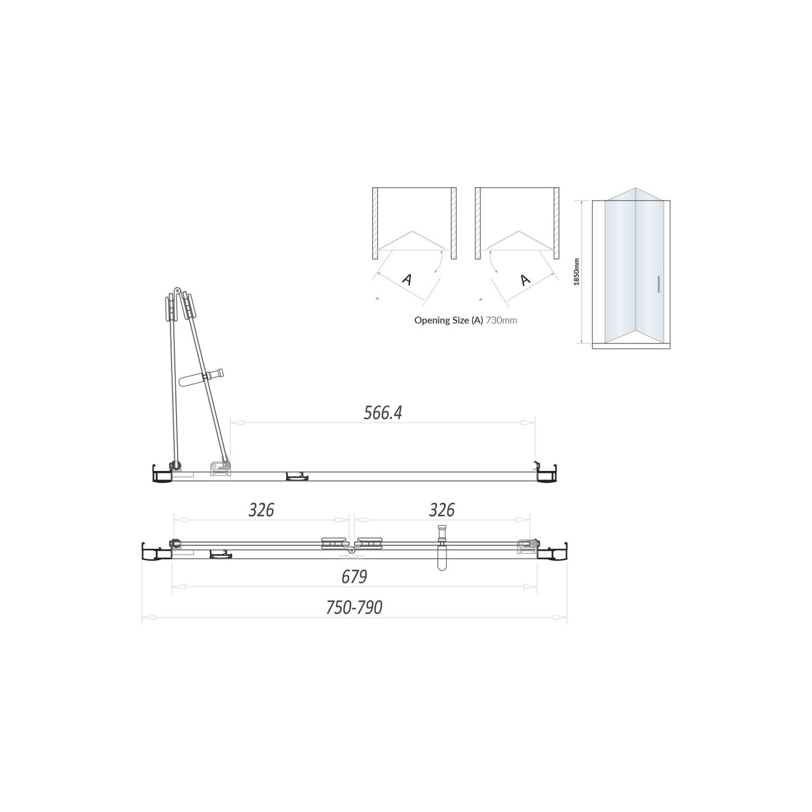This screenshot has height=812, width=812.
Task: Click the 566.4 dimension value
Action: pos(383,413)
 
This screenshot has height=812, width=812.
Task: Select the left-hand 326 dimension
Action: pos(261,510)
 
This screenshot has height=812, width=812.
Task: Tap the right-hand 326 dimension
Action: pos(441,510)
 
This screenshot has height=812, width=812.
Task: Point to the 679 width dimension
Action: pos(354,577)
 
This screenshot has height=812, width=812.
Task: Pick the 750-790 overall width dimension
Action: pos(354,607)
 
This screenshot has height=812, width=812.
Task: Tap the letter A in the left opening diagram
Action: pos(407,279)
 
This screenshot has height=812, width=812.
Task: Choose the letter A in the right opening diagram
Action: pos(525,279)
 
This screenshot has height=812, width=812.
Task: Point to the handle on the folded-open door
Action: pos(202,378)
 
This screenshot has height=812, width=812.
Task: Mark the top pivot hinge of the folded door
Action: pos(177,291)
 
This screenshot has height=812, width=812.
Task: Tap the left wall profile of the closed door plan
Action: pos(155,552)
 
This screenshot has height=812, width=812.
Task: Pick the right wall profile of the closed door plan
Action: pos(554,552)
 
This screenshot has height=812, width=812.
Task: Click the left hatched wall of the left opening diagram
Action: pos(375,223)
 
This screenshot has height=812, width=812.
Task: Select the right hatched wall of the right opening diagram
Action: pos(556,223)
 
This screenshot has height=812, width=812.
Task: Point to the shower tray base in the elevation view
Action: pos(631,346)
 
